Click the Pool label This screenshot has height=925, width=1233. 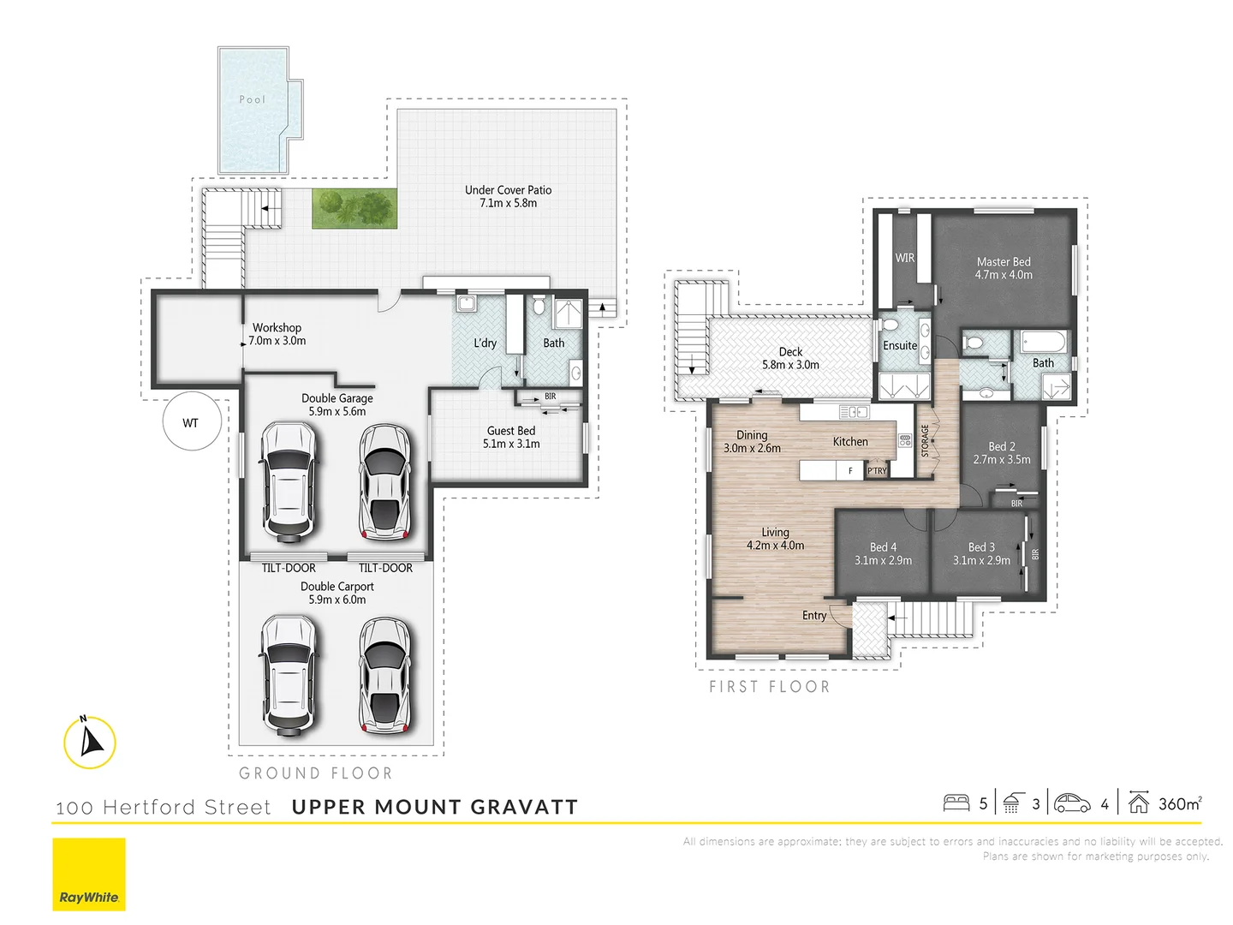click(x=252, y=99)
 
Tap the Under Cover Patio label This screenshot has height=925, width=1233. click(x=508, y=190)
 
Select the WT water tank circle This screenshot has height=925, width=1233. click(x=192, y=422)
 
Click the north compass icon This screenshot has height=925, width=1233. click(x=89, y=742)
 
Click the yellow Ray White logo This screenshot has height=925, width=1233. click(x=89, y=874)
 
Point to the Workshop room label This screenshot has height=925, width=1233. click(x=277, y=328)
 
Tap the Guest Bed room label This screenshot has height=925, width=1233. click(x=511, y=431)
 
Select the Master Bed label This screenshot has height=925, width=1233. click(x=1004, y=262)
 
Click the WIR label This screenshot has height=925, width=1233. click(x=904, y=258)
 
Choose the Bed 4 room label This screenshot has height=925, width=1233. click(x=883, y=547)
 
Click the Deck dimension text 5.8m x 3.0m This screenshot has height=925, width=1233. click(x=790, y=365)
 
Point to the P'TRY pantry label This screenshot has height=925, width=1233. click(x=877, y=471)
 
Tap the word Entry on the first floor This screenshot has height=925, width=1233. click(x=814, y=616)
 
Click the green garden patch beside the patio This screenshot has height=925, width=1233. click(x=354, y=208)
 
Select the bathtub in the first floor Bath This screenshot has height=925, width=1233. click(x=1042, y=343)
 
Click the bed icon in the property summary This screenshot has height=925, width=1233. click(x=956, y=803)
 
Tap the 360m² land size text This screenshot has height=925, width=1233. click(x=1180, y=803)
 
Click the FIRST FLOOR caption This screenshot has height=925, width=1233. click(x=769, y=687)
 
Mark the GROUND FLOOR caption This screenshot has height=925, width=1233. click(x=315, y=773)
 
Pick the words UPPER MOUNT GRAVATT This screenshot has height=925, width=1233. click(x=434, y=807)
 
